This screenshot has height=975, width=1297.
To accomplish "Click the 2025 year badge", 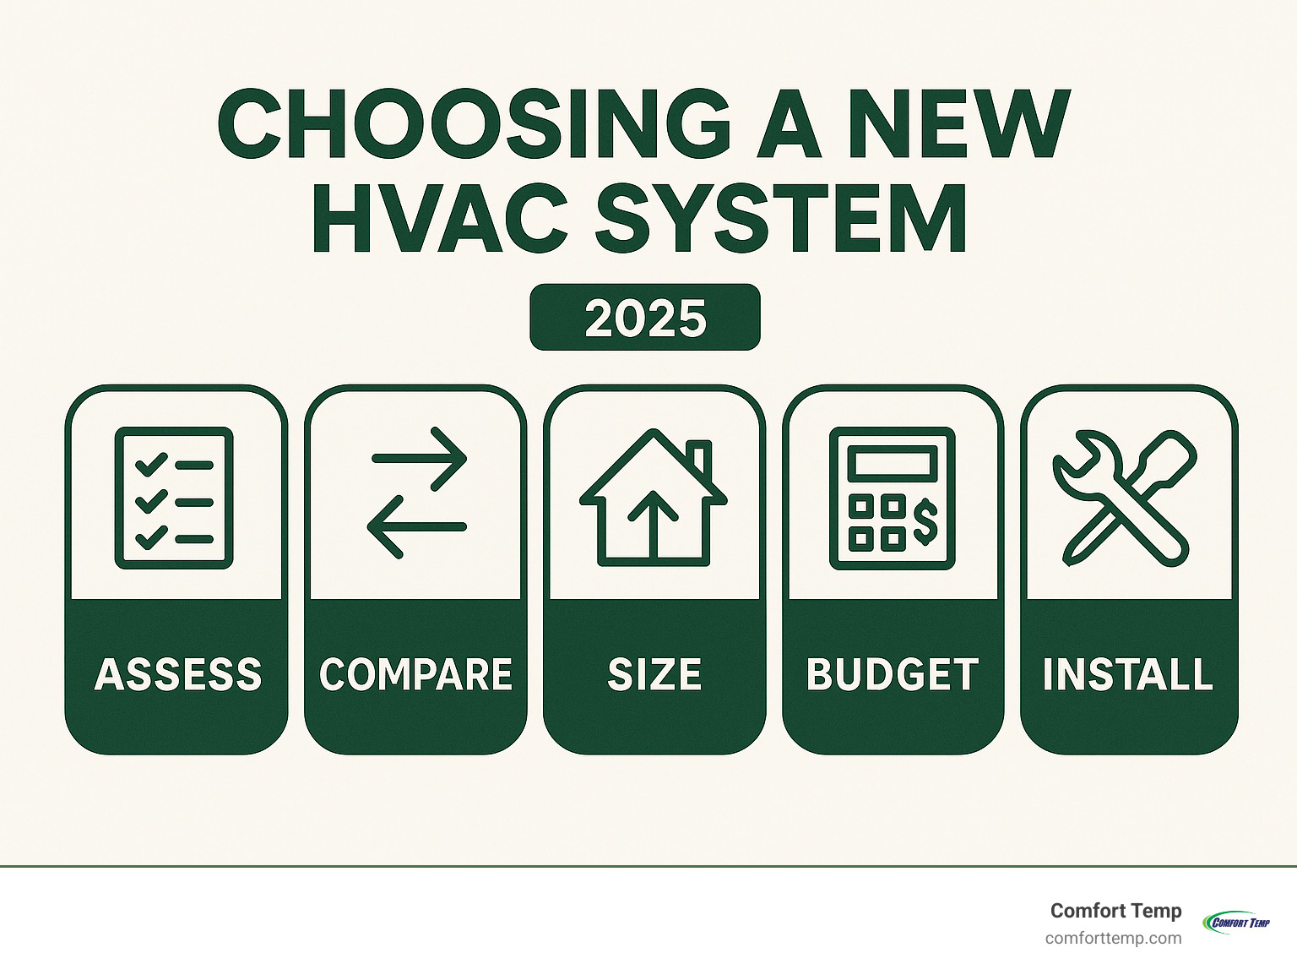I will (645, 318).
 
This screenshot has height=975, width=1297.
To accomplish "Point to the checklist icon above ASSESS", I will (174, 498).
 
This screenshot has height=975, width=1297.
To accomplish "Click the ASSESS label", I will (177, 674).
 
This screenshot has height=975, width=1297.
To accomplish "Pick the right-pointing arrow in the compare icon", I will (419, 459).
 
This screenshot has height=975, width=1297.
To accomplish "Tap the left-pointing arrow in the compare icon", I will (415, 526).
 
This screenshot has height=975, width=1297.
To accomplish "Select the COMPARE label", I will (415, 674).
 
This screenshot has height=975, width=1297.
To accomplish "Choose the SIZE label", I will (654, 674).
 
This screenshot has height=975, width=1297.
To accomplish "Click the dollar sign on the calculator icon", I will (925, 520).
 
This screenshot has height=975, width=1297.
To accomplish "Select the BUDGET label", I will (893, 674).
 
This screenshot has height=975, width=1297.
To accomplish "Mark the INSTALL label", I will (1128, 674).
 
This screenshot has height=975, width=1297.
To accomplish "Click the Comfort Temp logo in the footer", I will (1237, 922).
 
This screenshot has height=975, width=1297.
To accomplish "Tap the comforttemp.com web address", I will (1113, 939).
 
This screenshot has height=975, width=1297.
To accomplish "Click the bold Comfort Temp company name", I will (1115, 911).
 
